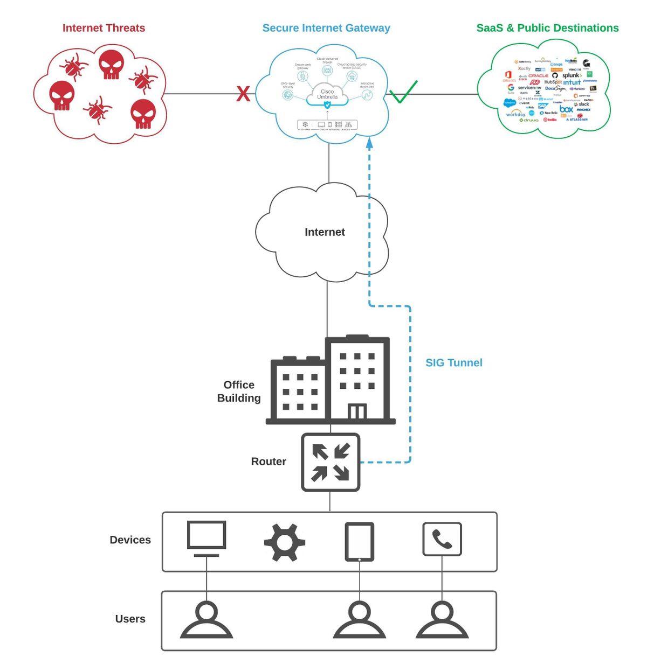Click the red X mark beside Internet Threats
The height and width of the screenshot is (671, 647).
[243, 94]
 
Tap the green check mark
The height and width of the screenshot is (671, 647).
[403, 93]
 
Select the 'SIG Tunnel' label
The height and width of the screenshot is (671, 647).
[453, 362]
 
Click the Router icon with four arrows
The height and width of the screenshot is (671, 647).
[331, 462]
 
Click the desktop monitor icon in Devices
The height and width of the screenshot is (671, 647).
[207, 539]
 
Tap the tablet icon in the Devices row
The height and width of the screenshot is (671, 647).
[359, 542]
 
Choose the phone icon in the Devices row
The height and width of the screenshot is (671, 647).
[442, 539]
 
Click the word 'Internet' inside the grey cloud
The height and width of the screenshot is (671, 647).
[325, 232]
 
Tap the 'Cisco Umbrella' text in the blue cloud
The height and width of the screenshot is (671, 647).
[327, 94]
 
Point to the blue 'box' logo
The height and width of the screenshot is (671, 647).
[566, 109]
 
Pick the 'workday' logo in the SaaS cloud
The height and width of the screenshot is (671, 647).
[515, 114]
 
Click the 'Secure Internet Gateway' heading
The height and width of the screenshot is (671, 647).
[326, 28]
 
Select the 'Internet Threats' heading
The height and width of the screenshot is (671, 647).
[104, 28]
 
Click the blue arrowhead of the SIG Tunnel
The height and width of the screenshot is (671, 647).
[369, 143]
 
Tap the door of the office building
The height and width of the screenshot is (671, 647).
[357, 411]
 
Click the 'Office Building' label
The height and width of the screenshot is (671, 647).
[239, 392]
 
